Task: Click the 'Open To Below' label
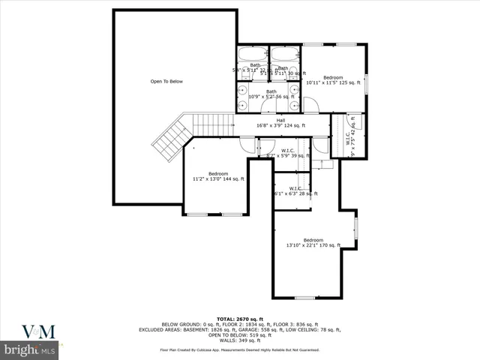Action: pos(166,81)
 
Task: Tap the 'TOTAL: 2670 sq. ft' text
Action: pos(239,319)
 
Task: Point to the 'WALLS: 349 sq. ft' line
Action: pos(239,340)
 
